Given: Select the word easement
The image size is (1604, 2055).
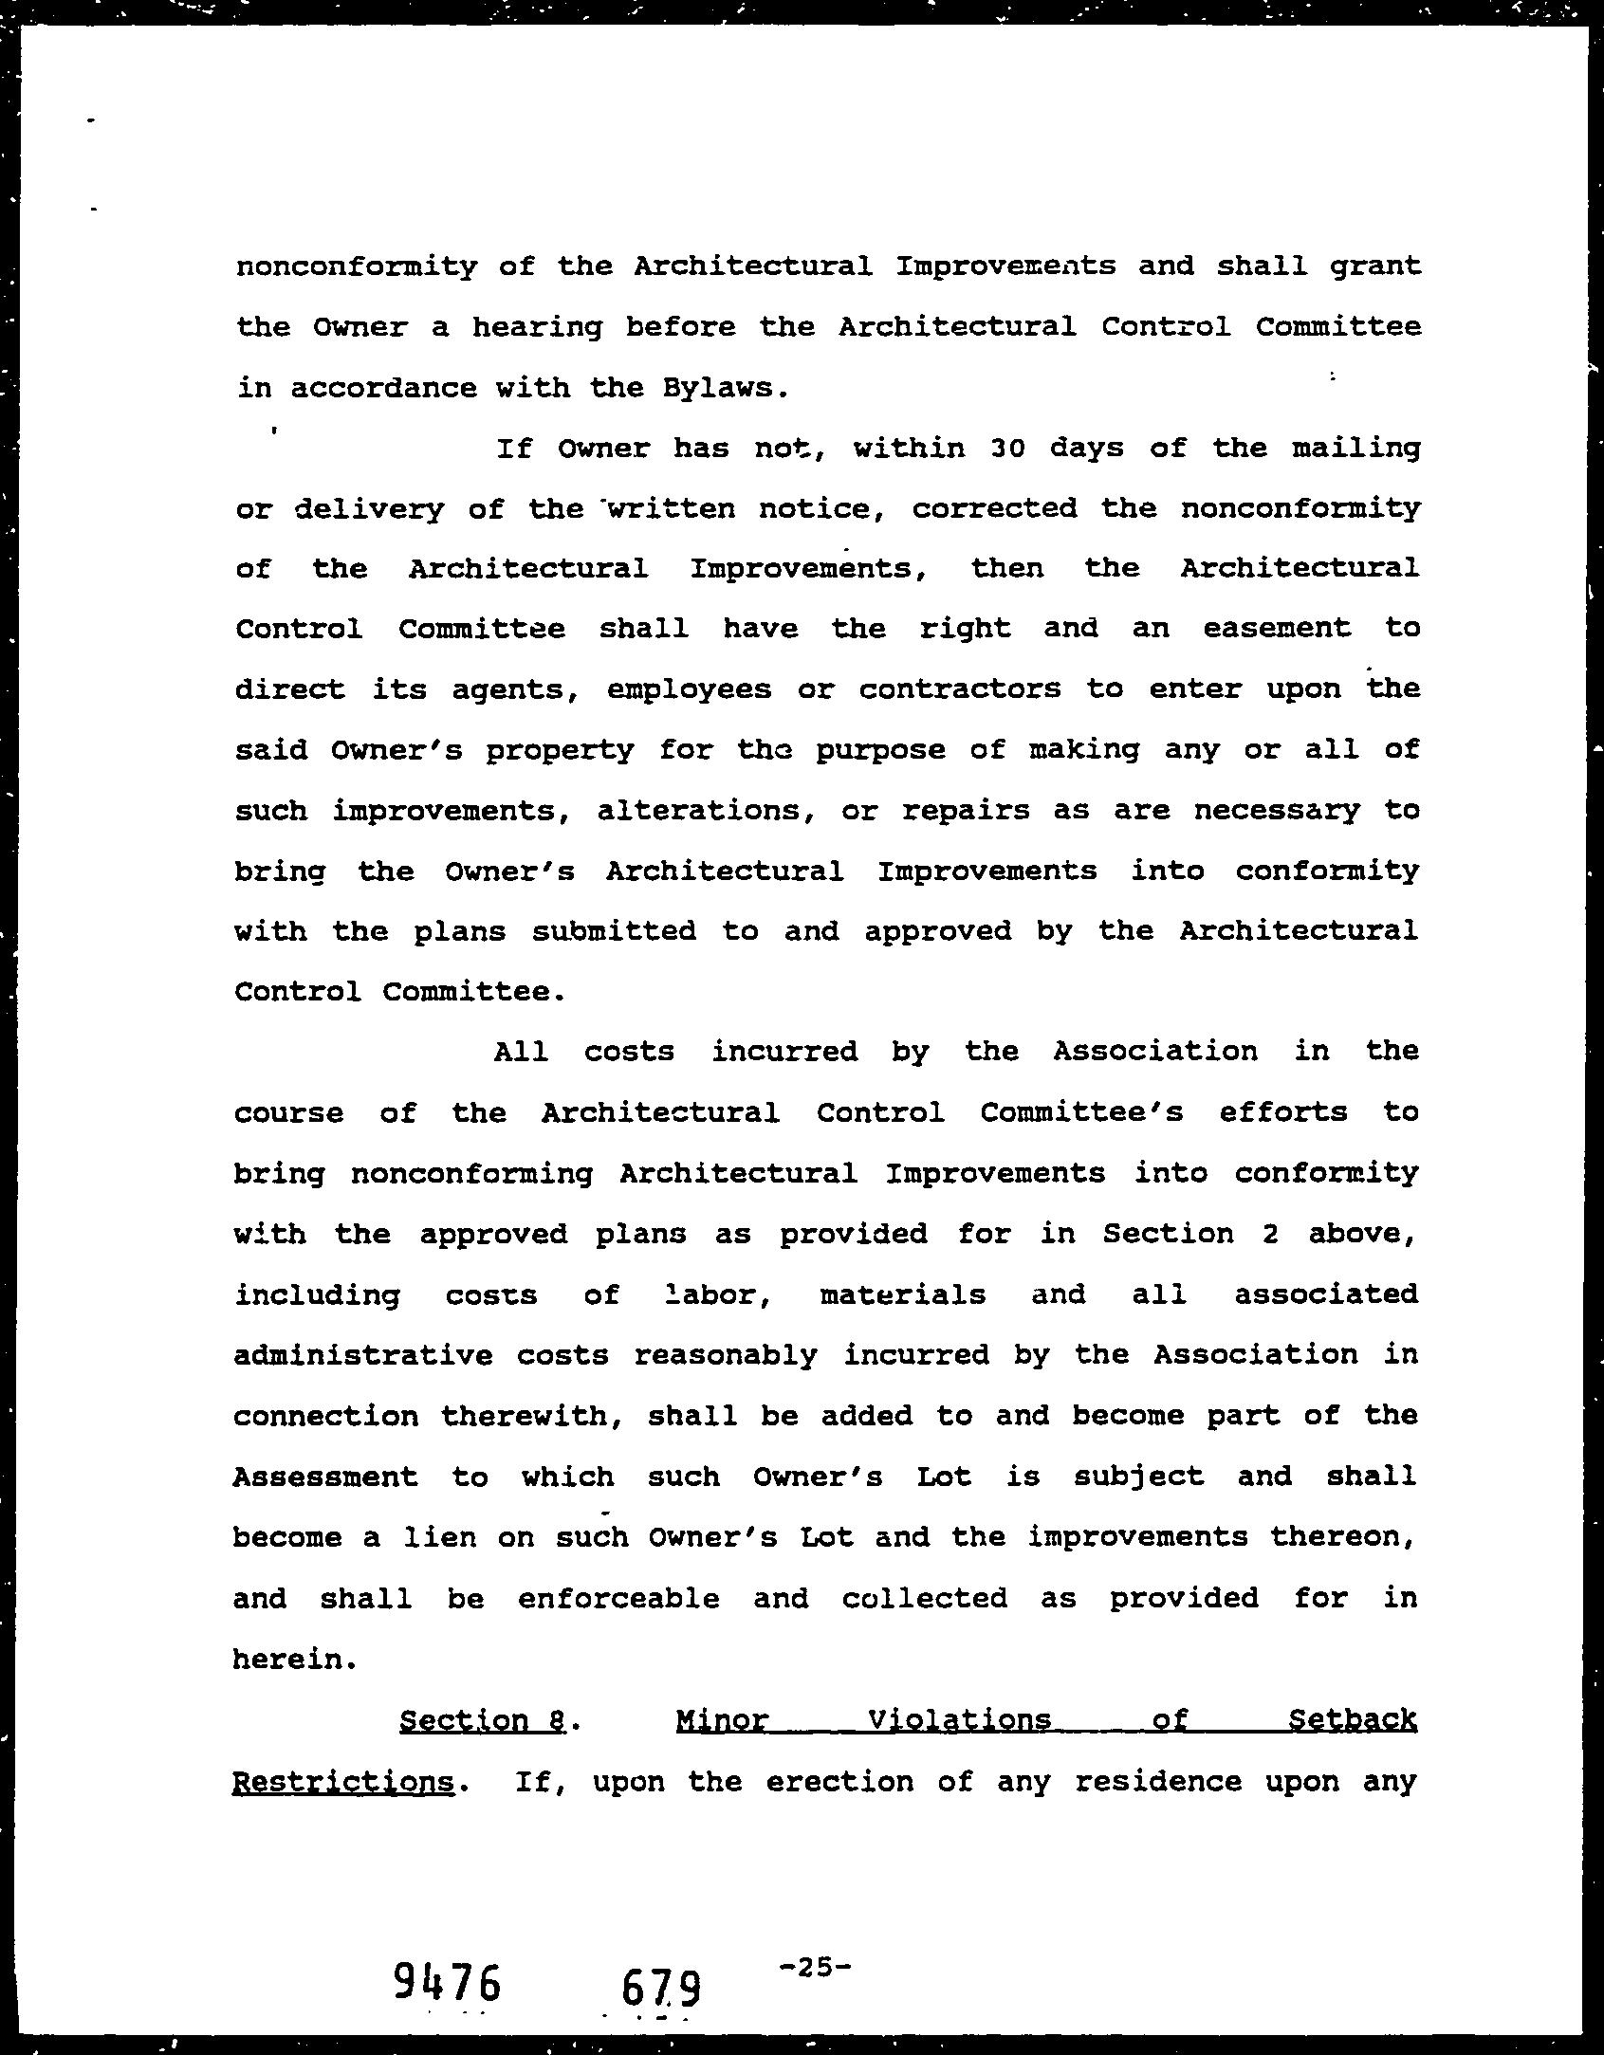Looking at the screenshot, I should coord(1277,628).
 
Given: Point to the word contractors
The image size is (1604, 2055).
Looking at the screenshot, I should coord(960,688).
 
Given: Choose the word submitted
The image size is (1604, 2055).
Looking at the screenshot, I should coord(614,930).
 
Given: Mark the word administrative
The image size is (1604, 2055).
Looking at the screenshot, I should coord(362,1355).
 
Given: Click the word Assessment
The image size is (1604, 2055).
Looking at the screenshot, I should coord(325,1477).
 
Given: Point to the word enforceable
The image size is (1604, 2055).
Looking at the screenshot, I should coord(618,1598).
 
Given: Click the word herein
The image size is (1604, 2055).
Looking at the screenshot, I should coord(294,1659).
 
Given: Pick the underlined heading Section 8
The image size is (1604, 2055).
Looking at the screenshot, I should coord(483,1719).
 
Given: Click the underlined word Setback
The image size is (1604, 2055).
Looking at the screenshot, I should coord(1352,1719).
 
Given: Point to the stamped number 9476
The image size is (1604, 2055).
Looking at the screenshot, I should coord(446,1981).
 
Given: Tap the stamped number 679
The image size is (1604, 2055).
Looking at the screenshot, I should coord(661,1988).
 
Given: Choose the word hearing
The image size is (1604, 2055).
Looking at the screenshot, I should coord(537,327).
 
